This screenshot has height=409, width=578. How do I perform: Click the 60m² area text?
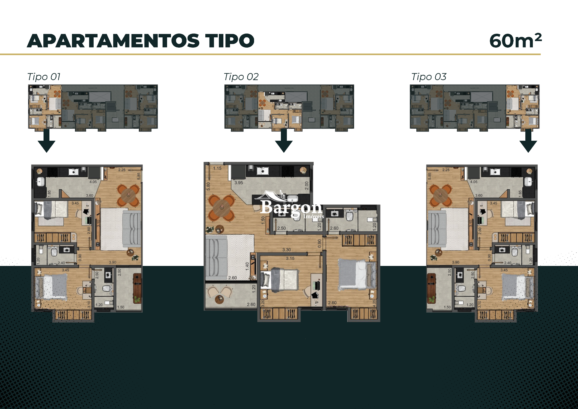point(515,41)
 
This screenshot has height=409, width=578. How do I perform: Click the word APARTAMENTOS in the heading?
point(113,41)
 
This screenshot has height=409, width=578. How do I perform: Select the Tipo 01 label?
point(44,77)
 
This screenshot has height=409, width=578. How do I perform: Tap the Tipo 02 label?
point(241,77)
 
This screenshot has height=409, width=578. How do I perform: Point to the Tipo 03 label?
point(429,77)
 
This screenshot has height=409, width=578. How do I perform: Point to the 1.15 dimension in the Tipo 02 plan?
point(217,168)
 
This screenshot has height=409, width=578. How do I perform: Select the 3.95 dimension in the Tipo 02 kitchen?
point(239,183)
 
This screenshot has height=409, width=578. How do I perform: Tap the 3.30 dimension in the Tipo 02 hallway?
point(287,250)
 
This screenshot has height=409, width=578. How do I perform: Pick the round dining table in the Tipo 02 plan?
point(222,208)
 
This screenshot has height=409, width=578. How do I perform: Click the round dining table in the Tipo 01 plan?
point(129,195)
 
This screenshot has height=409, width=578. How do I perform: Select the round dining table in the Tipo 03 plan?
point(440,195)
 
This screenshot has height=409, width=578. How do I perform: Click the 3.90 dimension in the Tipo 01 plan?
point(113,262)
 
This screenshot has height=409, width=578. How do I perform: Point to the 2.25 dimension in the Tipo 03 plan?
point(446,170)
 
